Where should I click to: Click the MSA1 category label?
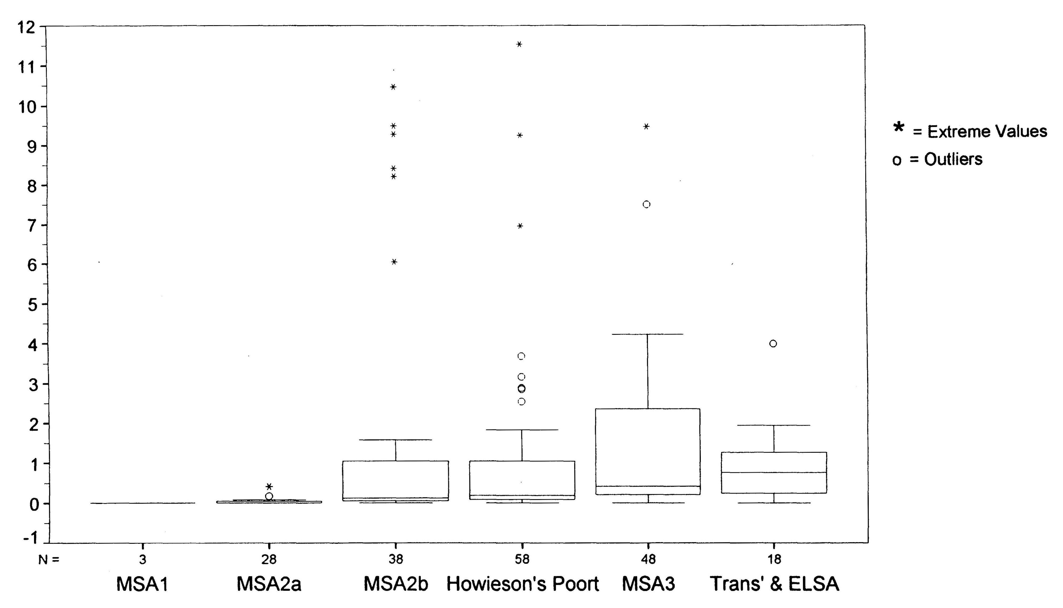(x=142, y=584)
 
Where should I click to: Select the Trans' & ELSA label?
(x=774, y=584)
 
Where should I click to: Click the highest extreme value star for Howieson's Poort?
(x=519, y=44)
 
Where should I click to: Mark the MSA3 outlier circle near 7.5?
(x=646, y=204)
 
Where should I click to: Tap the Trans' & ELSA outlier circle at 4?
(x=773, y=344)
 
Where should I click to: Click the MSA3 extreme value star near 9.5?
(x=646, y=127)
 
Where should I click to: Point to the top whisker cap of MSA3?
(x=648, y=334)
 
